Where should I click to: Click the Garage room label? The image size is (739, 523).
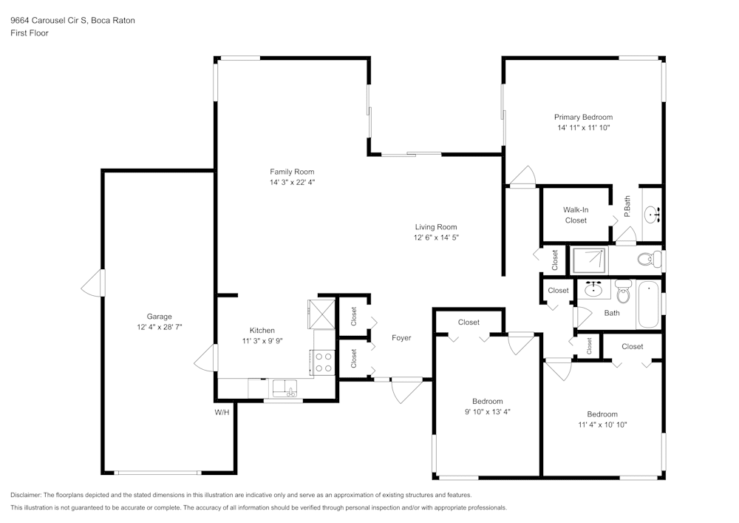point(159,316)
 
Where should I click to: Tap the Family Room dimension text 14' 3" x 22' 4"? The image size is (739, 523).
point(292,182)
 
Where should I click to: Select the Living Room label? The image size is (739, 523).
point(435,227)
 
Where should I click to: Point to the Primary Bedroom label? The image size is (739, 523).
point(583,117)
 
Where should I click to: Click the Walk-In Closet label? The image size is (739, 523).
point(576,215)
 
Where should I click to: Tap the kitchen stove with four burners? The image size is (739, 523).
point(324,362)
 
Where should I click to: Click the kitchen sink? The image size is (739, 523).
point(284,388)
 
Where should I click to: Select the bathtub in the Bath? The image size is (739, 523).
point(647,304)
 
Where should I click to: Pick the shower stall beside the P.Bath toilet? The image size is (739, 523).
point(589,260)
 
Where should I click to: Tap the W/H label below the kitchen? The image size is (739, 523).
point(222,411)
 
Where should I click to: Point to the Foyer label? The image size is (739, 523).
point(401,338)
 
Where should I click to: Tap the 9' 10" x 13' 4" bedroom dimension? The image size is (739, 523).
point(488,412)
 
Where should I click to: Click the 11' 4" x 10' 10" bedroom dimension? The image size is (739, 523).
point(602,425)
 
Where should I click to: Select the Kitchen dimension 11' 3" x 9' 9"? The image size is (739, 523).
point(262,341)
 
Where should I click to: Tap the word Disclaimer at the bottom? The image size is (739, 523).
point(27,494)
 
